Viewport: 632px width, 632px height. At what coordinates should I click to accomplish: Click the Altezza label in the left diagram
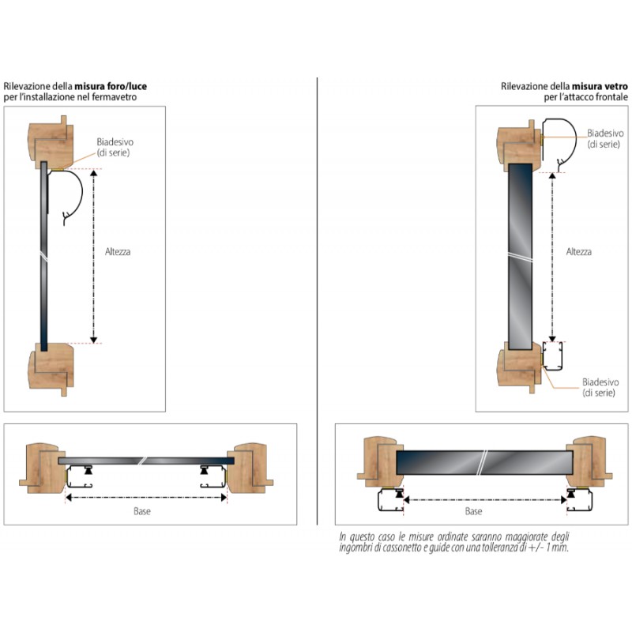(x=118, y=252)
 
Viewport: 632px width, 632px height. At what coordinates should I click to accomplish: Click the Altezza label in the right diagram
(x=579, y=252)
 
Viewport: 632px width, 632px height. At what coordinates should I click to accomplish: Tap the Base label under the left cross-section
(x=142, y=511)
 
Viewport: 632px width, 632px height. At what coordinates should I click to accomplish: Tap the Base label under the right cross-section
(x=474, y=511)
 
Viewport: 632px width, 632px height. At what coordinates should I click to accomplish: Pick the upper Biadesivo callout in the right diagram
(x=604, y=139)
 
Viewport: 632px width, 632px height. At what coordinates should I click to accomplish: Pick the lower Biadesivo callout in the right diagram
(x=600, y=387)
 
